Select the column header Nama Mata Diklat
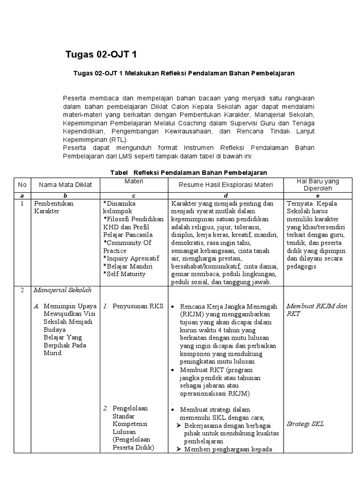(65, 185)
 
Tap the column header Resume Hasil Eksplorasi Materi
(225, 185)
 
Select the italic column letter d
(225, 195)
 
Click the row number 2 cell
(22, 290)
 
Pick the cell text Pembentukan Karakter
(53, 208)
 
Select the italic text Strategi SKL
(305, 424)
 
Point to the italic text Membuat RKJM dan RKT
(316, 310)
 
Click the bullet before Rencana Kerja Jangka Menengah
(173, 307)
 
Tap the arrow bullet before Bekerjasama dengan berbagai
(178, 425)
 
